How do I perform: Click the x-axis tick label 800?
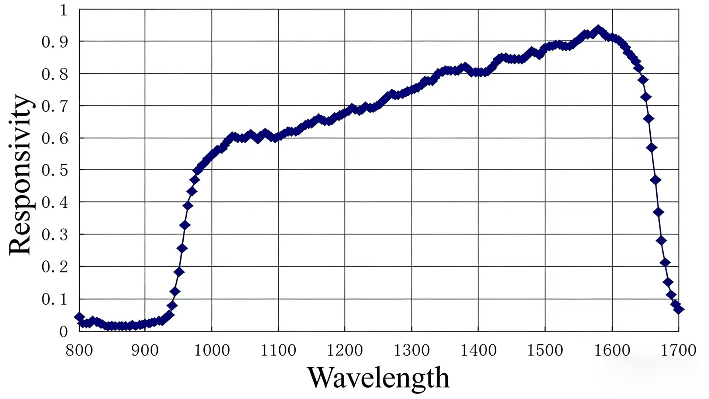(x=79, y=350)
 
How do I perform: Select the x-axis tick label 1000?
(x=212, y=350)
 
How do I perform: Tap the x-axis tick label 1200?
(x=345, y=350)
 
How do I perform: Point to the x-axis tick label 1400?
(x=478, y=350)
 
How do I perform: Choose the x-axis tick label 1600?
(x=612, y=350)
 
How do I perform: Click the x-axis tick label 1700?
(x=678, y=350)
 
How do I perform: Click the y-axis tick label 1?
(x=63, y=10)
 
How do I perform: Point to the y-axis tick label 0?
(x=63, y=331)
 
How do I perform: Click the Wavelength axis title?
(x=378, y=378)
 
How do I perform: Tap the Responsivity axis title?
(x=20, y=174)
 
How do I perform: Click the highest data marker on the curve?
(x=598, y=30)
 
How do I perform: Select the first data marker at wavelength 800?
(x=79, y=317)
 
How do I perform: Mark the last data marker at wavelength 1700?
(x=678, y=309)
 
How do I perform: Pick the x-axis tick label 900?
(x=145, y=350)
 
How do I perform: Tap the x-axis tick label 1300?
(x=412, y=350)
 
